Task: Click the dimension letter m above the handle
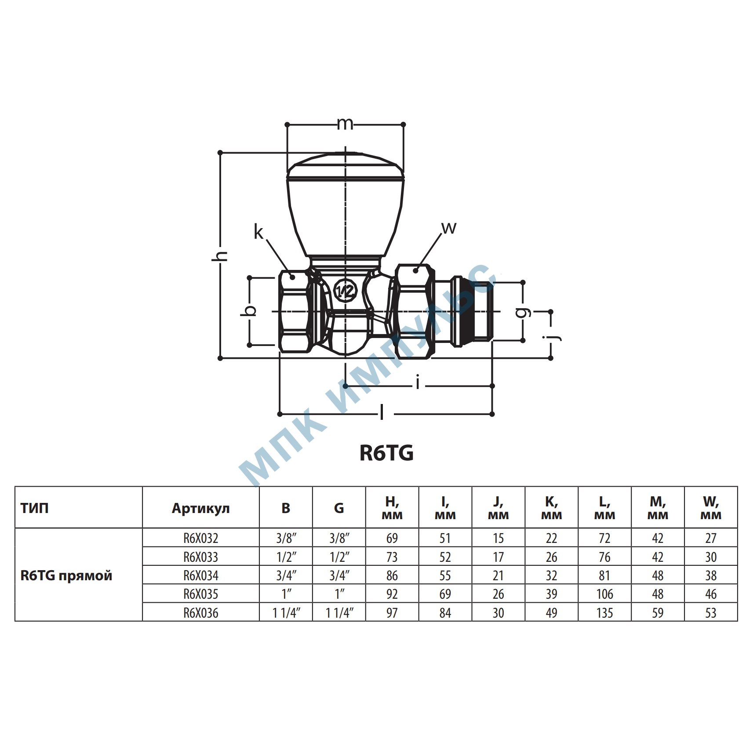point(345,124)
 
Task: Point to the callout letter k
point(258,232)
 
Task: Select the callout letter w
point(449,228)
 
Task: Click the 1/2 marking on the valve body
point(346,291)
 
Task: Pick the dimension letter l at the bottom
point(382,413)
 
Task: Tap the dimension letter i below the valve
point(418,384)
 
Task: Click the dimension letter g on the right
point(523,312)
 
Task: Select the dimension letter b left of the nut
point(249,310)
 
